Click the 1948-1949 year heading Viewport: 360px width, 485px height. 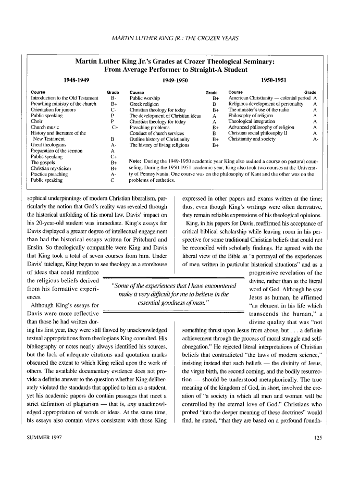77,80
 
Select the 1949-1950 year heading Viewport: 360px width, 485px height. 176,80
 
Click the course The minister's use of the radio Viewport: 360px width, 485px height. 260,109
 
